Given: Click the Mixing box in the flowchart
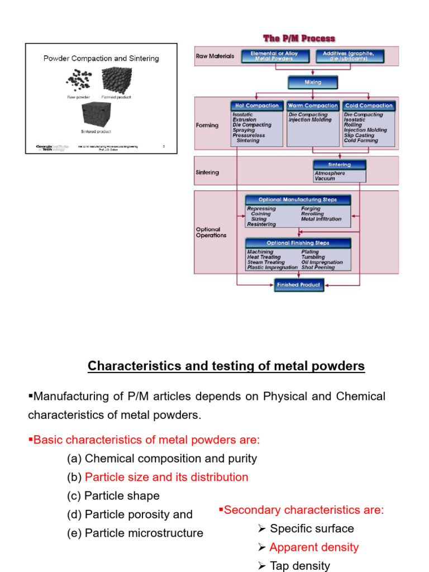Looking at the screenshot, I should click(313, 82).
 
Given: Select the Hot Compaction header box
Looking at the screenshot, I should click(257, 106).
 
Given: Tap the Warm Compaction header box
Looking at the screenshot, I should click(313, 106).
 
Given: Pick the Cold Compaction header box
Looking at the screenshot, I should click(369, 106).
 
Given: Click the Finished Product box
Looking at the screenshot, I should click(299, 285).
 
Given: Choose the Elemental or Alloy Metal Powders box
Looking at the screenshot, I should click(274, 56).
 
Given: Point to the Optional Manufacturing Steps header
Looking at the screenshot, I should click(298, 199).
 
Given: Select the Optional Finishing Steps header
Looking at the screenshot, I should click(298, 243).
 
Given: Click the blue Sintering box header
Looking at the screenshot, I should click(340, 165).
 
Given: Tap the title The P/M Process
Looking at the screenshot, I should click(299, 39).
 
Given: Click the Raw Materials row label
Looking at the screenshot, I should click(215, 56).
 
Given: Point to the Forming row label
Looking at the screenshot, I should click(207, 125).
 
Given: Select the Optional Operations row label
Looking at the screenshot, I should click(211, 232).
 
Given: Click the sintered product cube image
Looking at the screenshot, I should click(96, 115).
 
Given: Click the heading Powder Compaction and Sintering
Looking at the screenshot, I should click(101, 58).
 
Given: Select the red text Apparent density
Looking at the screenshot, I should click(314, 547).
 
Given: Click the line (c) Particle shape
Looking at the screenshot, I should click(113, 496).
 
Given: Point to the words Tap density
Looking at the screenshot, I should click(299, 566).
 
